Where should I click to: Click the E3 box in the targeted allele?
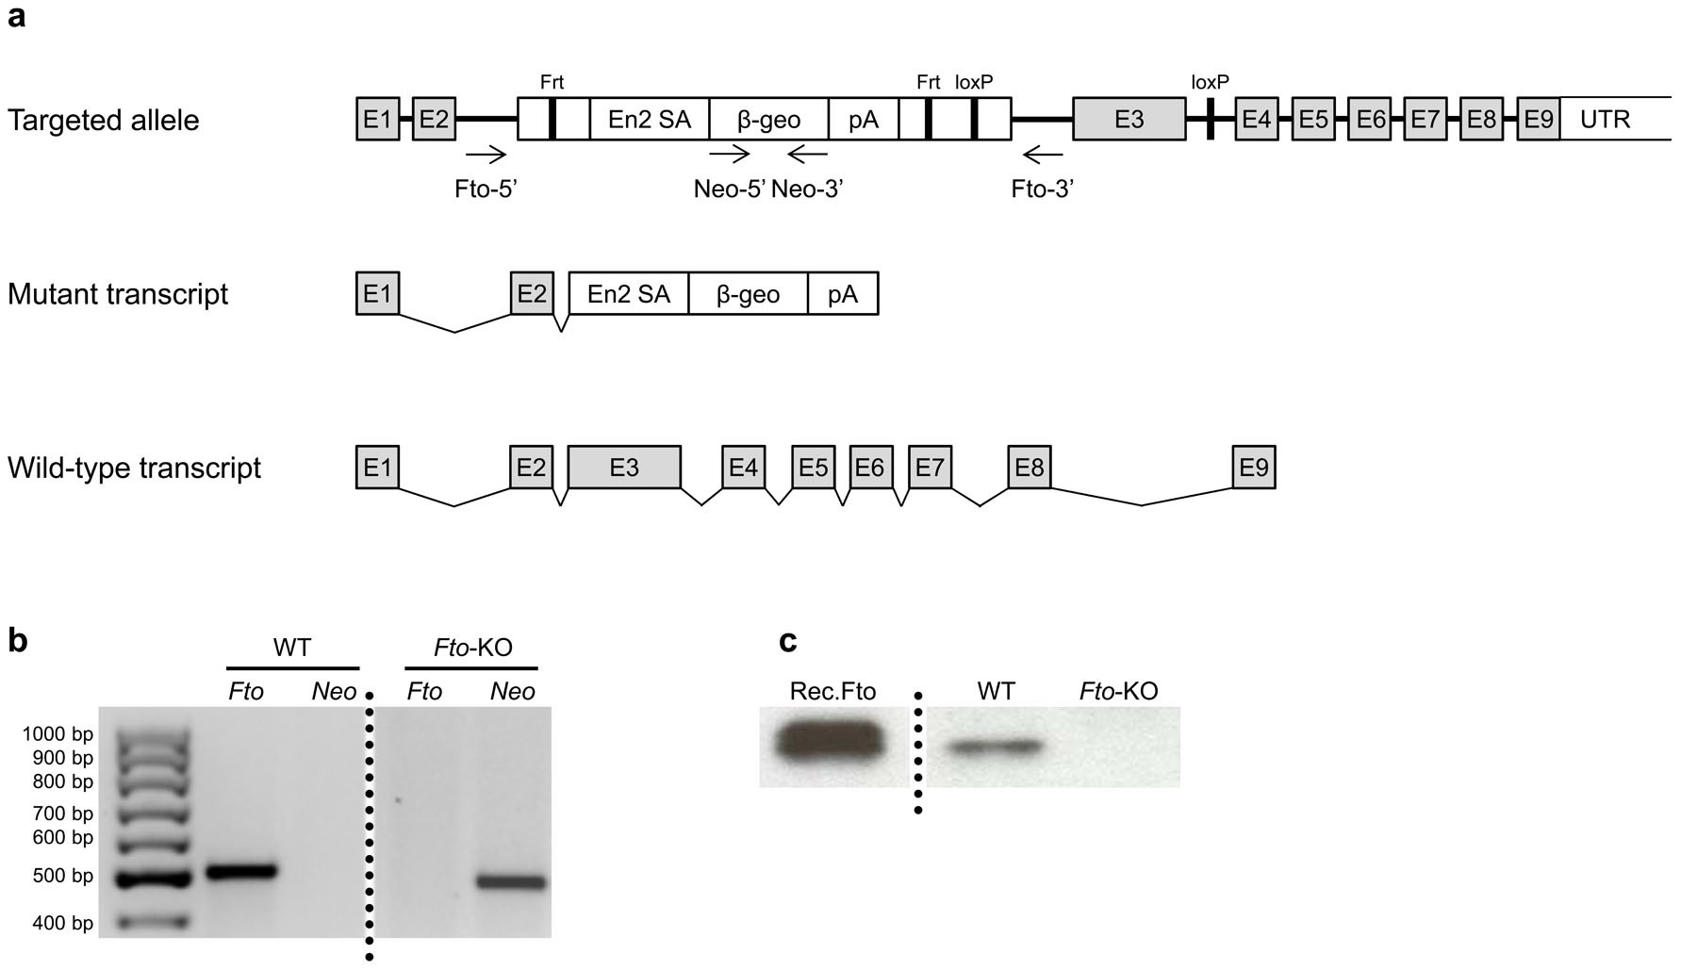[1129, 119]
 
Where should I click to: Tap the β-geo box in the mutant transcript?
[748, 294]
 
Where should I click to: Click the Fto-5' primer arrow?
[486, 155]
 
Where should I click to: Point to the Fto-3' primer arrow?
[1042, 155]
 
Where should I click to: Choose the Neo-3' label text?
[807, 189]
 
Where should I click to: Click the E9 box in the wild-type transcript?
[1253, 468]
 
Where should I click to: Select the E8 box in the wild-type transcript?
[1029, 468]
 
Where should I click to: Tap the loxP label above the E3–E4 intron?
[1210, 82]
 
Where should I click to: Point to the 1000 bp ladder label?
[58, 734]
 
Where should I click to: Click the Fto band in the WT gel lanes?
[241, 871]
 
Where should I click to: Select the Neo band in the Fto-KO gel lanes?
[511, 883]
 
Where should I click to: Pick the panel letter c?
[788, 641]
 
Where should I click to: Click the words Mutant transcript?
[118, 294]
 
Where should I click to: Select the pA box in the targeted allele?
[863, 119]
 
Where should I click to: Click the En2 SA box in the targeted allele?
[649, 119]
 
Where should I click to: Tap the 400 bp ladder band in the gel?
[156, 921]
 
